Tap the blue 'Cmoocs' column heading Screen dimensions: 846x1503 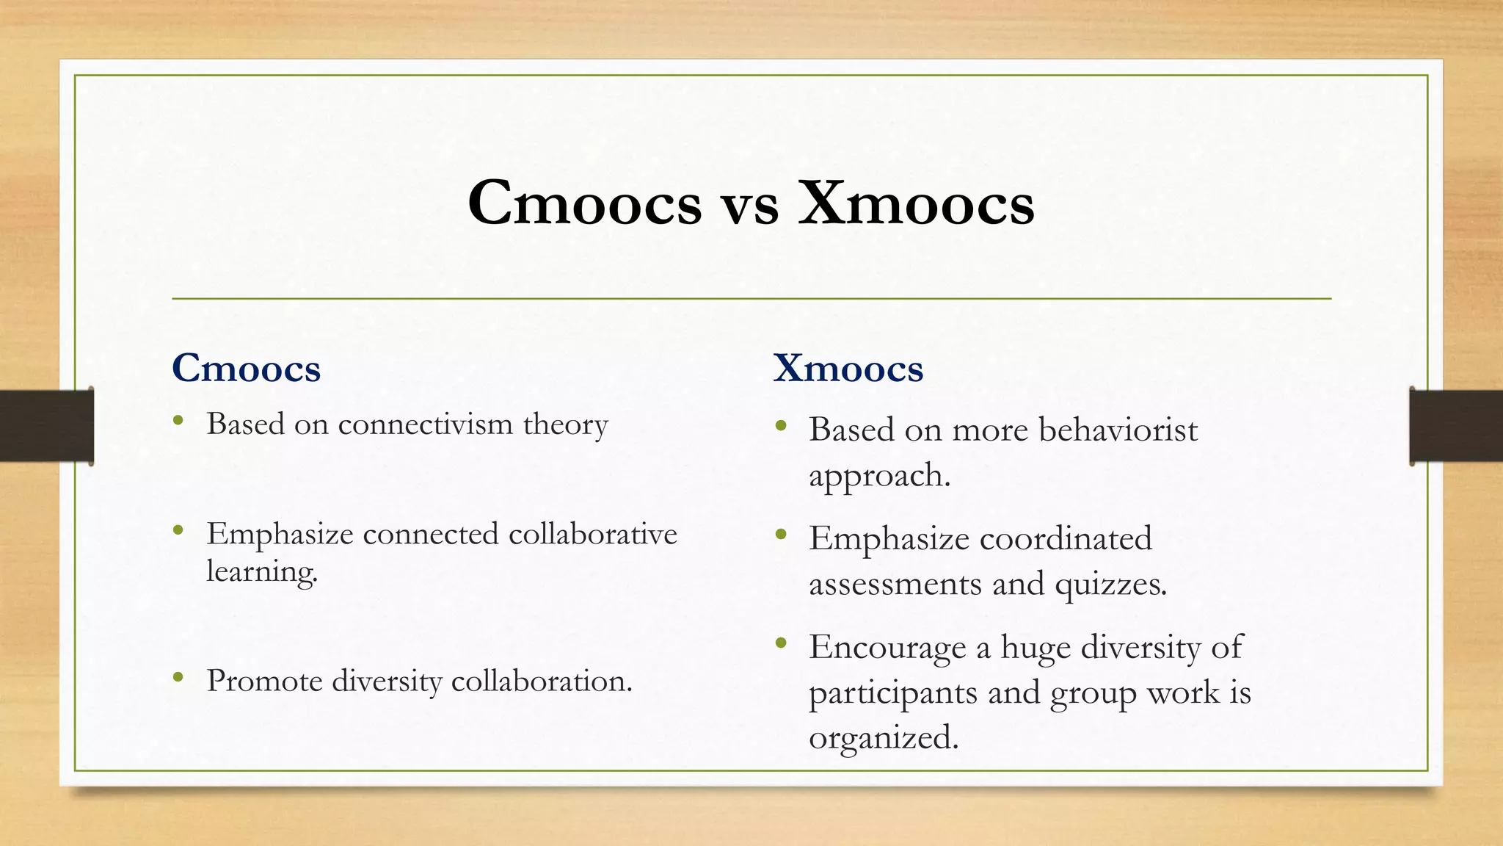click(x=246, y=368)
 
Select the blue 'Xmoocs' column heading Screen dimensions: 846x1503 click(x=848, y=368)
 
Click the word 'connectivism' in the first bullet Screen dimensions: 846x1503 click(x=425, y=424)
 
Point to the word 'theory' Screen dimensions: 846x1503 click(x=566, y=424)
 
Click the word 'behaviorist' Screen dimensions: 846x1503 click(x=1118, y=430)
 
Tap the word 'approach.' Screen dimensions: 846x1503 click(x=879, y=476)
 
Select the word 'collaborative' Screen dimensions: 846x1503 click(x=592, y=534)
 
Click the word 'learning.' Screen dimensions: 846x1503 click(x=262, y=571)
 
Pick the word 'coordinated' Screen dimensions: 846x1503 click(x=1066, y=538)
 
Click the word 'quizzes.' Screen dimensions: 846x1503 click(x=1110, y=584)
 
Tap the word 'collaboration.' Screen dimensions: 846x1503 click(x=542, y=681)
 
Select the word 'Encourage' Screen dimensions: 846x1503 click(x=887, y=647)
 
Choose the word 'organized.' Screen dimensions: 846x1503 click(x=884, y=737)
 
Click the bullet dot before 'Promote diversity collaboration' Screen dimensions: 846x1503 click(x=178, y=677)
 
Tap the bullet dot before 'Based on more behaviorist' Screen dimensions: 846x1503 click(x=781, y=425)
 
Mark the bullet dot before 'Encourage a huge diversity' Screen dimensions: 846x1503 click(x=781, y=643)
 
